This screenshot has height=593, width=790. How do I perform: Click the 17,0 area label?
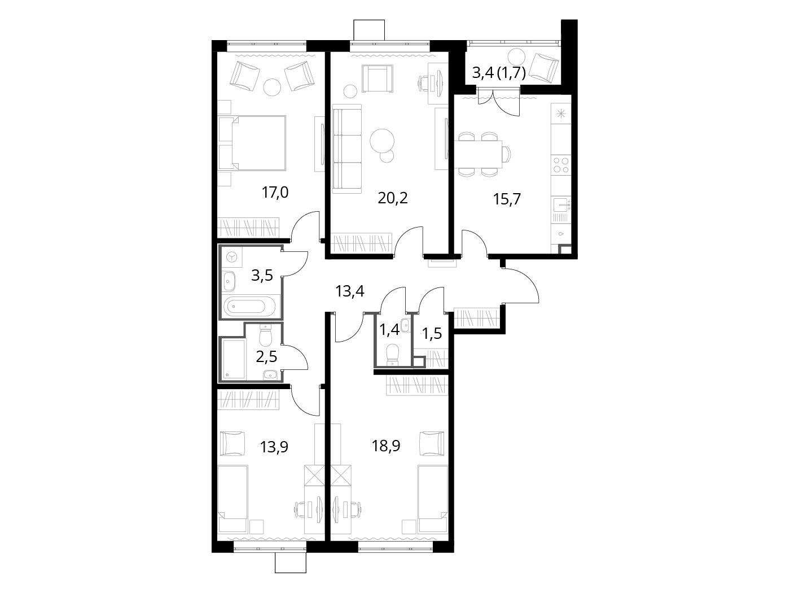click(x=275, y=193)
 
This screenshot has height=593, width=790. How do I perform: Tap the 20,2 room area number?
click(x=393, y=198)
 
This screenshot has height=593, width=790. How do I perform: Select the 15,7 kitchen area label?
click(x=507, y=199)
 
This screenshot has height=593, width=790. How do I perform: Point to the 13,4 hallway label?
click(x=349, y=291)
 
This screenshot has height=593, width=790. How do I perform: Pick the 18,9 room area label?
click(x=386, y=446)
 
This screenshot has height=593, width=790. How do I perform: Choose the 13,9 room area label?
click(x=274, y=447)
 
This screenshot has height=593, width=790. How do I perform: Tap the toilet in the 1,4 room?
click(x=392, y=354)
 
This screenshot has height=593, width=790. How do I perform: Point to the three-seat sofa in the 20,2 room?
click(x=346, y=149)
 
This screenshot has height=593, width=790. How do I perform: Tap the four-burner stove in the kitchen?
click(x=561, y=165)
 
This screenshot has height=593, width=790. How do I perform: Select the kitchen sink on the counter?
click(x=561, y=204)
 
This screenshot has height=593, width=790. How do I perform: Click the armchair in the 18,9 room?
click(x=432, y=443)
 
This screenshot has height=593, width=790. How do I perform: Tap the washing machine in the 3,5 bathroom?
click(x=232, y=257)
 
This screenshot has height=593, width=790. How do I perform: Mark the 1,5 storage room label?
click(x=432, y=334)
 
